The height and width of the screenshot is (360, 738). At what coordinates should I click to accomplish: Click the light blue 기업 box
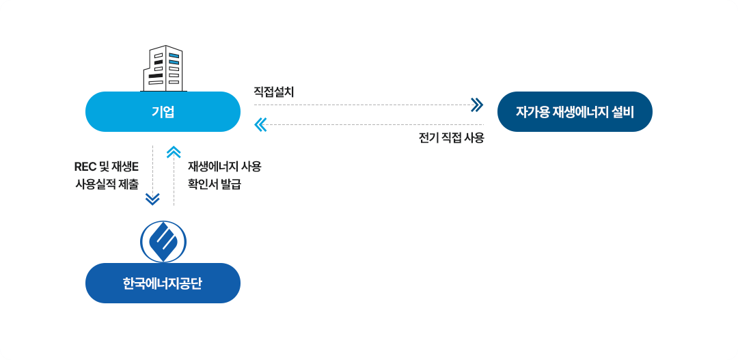tap(163, 111)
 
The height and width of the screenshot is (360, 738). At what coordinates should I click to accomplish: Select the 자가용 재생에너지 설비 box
tap(575, 111)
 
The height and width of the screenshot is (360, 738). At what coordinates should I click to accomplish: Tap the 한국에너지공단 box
tap(163, 283)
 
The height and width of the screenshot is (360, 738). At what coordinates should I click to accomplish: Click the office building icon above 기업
tap(164, 68)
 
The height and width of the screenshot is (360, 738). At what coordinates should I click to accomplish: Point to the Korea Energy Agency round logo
tap(163, 242)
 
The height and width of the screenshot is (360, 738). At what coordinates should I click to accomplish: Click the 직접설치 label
tap(273, 92)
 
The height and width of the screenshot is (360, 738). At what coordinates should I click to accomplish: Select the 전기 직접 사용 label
tap(451, 139)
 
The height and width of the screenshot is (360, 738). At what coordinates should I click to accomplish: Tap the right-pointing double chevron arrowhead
tap(477, 105)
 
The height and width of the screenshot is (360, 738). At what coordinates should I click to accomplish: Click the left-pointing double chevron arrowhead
tap(260, 125)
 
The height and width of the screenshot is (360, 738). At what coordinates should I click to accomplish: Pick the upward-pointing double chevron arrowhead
tap(174, 152)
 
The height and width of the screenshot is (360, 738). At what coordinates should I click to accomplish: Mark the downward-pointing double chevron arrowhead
tap(152, 199)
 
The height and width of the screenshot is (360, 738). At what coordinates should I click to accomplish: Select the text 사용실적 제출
tap(107, 184)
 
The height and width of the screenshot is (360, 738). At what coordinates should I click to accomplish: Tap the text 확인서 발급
tap(215, 184)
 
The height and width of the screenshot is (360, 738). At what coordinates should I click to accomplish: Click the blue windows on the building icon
tap(174, 59)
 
